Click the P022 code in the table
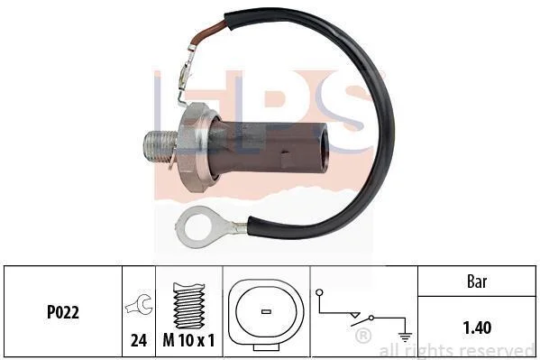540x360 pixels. click(63, 312)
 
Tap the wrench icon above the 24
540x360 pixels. click(139, 304)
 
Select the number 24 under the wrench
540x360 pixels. click(139, 340)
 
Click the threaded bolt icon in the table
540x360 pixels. click(188, 306)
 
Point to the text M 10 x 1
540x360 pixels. click(188, 340)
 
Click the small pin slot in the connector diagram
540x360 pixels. click(266, 311)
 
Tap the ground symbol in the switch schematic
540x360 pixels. click(405, 337)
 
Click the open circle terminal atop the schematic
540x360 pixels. click(319, 292)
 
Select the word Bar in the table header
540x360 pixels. click(477, 282)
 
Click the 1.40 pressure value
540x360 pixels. click(477, 328)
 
